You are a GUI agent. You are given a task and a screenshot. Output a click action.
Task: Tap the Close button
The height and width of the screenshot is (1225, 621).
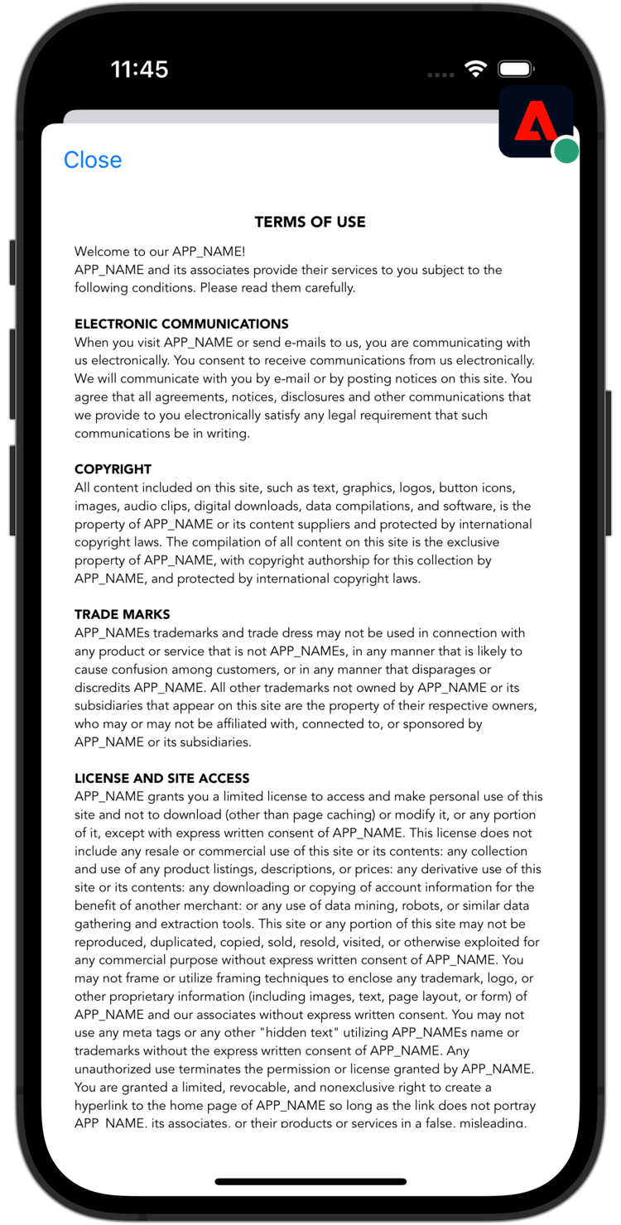[x=93, y=160]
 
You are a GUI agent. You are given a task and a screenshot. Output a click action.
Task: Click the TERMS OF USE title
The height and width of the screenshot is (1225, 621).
[x=310, y=222]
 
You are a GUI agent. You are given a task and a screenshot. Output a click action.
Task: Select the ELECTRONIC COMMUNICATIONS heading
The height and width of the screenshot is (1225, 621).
[x=181, y=324]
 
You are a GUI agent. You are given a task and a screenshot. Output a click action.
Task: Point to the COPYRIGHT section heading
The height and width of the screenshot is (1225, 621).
[x=113, y=469]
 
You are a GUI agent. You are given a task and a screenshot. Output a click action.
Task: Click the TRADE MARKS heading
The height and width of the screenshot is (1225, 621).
[x=122, y=614]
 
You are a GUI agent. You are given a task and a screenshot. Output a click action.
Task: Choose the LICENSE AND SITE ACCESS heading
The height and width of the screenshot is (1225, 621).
[x=161, y=778]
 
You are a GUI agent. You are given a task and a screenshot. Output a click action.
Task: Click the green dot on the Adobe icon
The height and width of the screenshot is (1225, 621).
[x=566, y=151]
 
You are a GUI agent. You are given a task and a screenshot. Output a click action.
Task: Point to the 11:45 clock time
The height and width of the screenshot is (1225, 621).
[x=139, y=69]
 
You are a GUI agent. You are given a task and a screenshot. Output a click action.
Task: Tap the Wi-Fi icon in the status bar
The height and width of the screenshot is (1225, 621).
[x=475, y=70]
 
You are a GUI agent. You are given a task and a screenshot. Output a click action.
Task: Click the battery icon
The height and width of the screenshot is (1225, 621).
[x=517, y=70]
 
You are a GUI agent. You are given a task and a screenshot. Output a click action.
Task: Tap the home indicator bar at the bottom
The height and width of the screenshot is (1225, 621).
[x=310, y=1182]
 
